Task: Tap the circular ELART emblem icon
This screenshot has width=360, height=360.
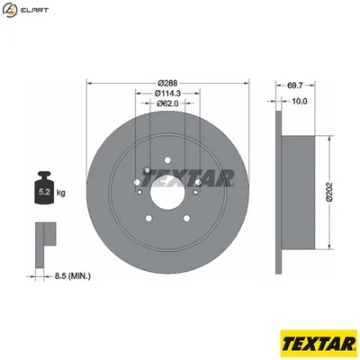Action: point(11,11)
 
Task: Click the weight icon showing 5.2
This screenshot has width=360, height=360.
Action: point(44,189)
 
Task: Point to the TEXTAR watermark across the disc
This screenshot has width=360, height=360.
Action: point(189,177)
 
